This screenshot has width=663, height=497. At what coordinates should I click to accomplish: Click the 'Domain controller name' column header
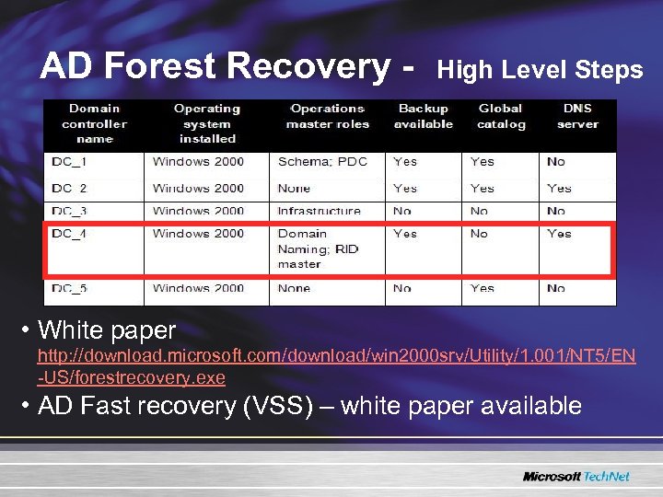click(94, 124)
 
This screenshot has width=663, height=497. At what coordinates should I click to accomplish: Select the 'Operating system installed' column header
click(207, 124)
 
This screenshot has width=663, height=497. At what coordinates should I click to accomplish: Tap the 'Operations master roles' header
click(327, 117)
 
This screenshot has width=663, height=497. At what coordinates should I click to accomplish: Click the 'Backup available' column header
click(423, 117)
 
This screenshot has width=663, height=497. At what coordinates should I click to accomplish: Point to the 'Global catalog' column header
click(500, 117)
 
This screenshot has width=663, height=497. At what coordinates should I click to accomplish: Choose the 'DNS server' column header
click(576, 117)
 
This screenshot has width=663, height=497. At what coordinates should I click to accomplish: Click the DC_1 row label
click(68, 162)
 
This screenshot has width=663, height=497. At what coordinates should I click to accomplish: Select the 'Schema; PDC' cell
click(322, 162)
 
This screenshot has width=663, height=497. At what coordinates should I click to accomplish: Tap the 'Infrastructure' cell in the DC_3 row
click(320, 211)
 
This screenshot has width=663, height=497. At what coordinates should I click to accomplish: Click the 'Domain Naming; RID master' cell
click(318, 248)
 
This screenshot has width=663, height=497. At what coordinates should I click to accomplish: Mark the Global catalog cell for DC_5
click(483, 288)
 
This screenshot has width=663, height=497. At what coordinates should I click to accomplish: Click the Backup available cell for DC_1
click(405, 162)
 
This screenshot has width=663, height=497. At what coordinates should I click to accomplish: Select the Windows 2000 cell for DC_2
click(198, 188)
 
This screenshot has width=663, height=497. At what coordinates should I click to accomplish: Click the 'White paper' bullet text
click(107, 329)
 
